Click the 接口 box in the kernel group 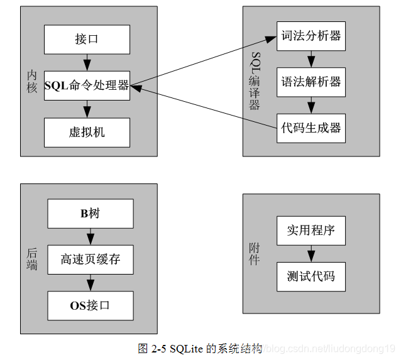(x=87, y=40)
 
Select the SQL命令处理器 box (x=87, y=85)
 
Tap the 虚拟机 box (x=87, y=132)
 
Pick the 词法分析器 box (x=310, y=36)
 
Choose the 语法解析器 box (x=310, y=82)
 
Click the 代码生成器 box (x=310, y=128)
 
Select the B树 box (x=90, y=214)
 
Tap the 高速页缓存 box (x=90, y=259)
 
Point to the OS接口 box (x=90, y=305)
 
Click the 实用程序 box (x=310, y=231)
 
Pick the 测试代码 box (x=310, y=276)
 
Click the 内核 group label (x=32, y=82)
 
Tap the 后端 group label (x=32, y=259)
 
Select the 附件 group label (x=254, y=254)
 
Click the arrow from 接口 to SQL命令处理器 (x=87, y=63)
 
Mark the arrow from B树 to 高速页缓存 (x=90, y=237)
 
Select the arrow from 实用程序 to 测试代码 (x=310, y=254)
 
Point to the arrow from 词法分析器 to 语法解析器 (x=310, y=59)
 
